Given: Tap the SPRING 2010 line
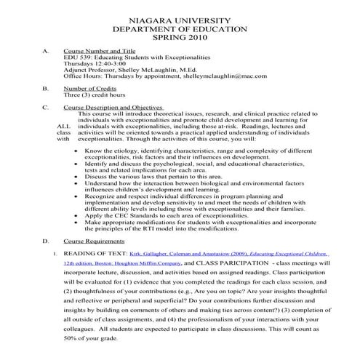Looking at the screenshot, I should pyautogui.click(x=180, y=36).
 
